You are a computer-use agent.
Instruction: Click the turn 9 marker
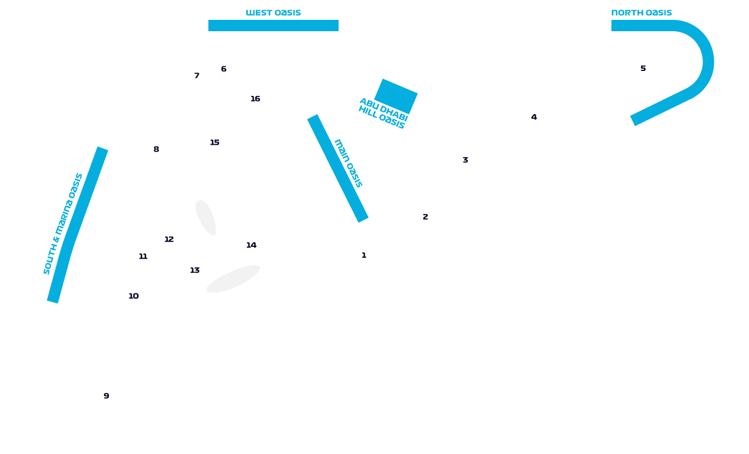pyautogui.click(x=106, y=396)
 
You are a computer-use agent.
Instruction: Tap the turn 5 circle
pyautogui.click(x=643, y=69)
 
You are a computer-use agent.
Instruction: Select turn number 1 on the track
pyautogui.click(x=364, y=255)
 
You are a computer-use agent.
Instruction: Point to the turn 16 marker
pyautogui.click(x=255, y=99)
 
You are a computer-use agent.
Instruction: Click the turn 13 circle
pyautogui.click(x=195, y=270)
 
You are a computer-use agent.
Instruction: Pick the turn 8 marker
pyautogui.click(x=156, y=150)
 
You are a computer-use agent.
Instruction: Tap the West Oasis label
pyautogui.click(x=273, y=12)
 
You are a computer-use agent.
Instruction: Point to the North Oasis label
pyautogui.click(x=641, y=12)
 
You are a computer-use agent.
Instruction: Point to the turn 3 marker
pyautogui.click(x=465, y=160)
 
